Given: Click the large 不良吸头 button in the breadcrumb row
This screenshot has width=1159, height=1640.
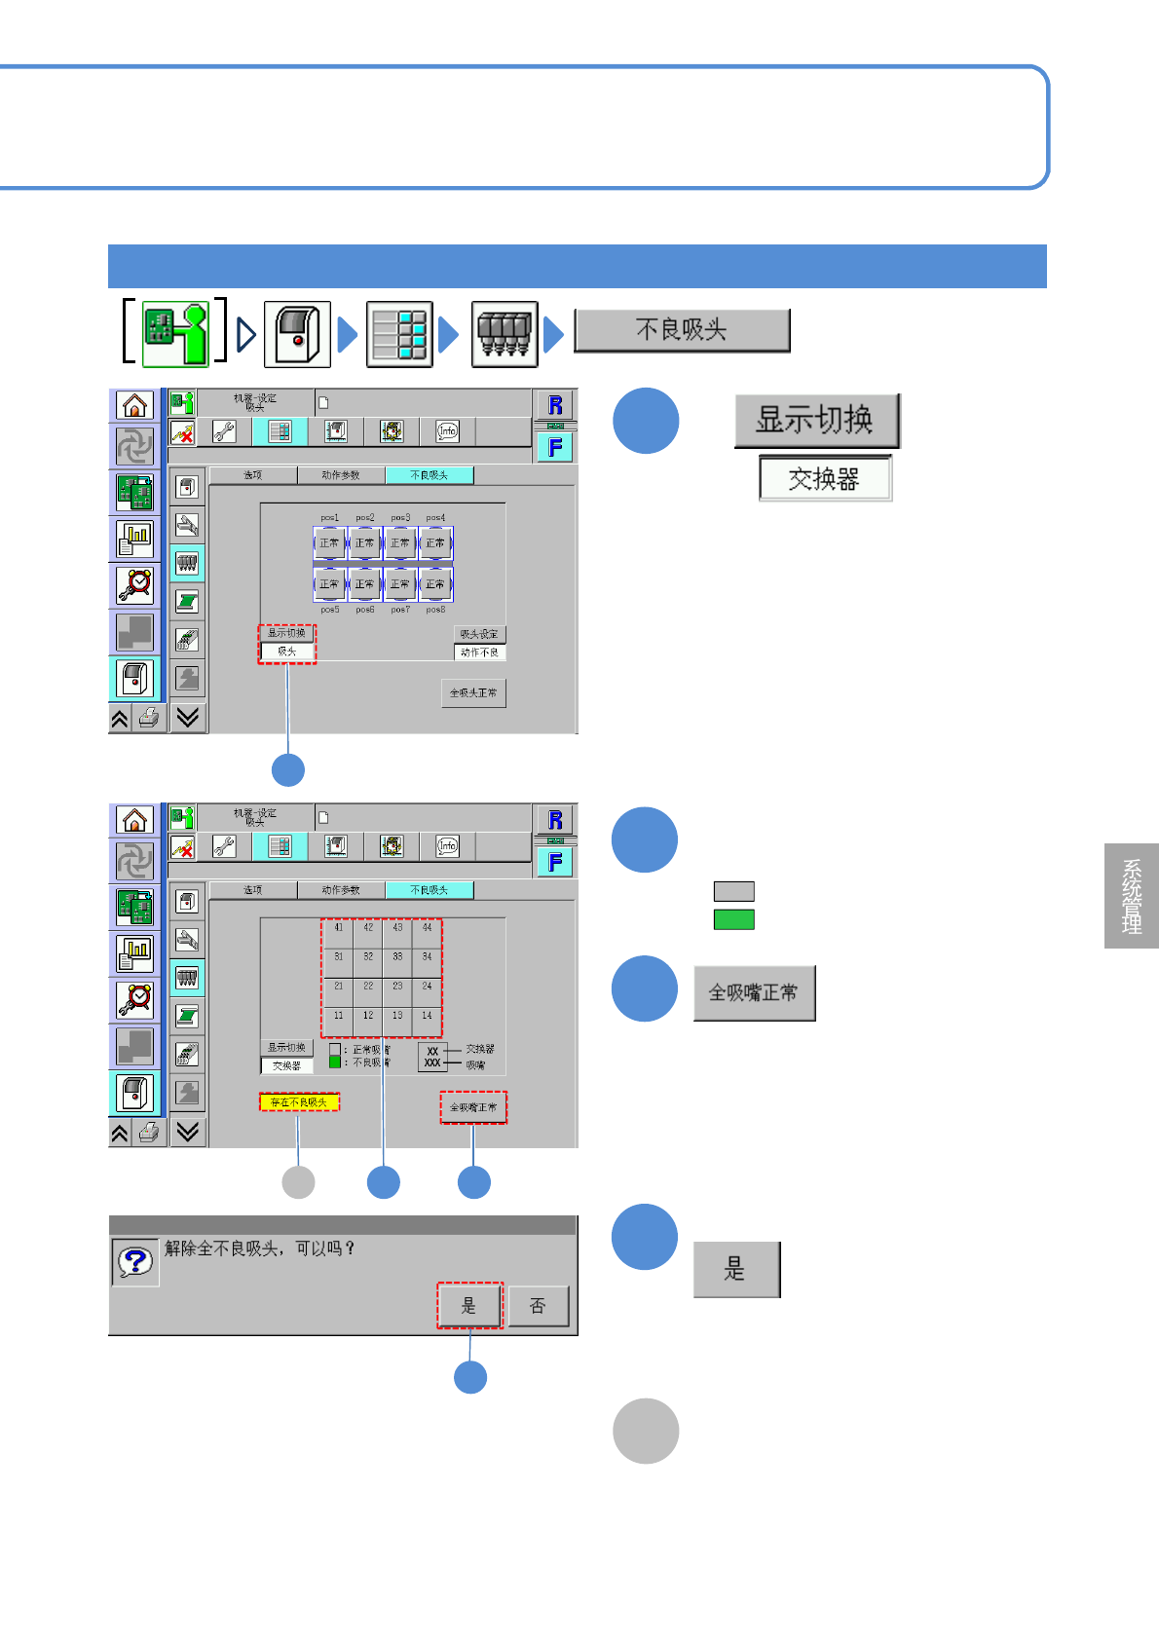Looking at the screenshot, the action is pyautogui.click(x=682, y=330).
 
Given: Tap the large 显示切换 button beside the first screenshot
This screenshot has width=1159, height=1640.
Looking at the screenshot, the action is pyautogui.click(x=816, y=421).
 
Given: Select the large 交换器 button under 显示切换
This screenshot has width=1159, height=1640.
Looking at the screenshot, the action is pyautogui.click(x=825, y=479).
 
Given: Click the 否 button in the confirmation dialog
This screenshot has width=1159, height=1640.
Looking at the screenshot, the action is pyautogui.click(x=538, y=1306).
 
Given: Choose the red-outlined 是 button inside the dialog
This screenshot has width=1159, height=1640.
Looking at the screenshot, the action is pyautogui.click(x=468, y=1306).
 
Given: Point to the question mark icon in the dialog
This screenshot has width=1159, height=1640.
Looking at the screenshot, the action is pyautogui.click(x=135, y=1262).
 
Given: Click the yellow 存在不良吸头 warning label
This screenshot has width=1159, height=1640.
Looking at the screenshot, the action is pyautogui.click(x=299, y=1102).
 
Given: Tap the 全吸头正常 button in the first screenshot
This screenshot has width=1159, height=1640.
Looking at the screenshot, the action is pyautogui.click(x=473, y=693).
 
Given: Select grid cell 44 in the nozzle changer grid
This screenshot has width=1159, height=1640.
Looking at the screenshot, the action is pyautogui.click(x=427, y=928).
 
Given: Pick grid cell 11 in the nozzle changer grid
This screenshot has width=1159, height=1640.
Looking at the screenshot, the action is pyautogui.click(x=338, y=1016).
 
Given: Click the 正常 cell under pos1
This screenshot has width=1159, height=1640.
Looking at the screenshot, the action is pyautogui.click(x=329, y=543).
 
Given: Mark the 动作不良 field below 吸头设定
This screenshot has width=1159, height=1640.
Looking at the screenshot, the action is pyautogui.click(x=479, y=652).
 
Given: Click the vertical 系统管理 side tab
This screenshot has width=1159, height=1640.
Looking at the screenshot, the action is pyautogui.click(x=1132, y=896).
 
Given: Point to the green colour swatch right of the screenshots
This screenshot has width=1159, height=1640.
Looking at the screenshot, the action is pyautogui.click(x=734, y=919).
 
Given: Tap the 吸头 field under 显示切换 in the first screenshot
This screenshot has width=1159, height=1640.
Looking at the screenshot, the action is pyautogui.click(x=287, y=652).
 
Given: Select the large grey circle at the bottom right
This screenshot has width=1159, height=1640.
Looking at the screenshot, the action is pyautogui.click(x=646, y=1431).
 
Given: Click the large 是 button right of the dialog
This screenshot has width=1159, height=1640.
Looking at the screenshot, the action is pyautogui.click(x=736, y=1269).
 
